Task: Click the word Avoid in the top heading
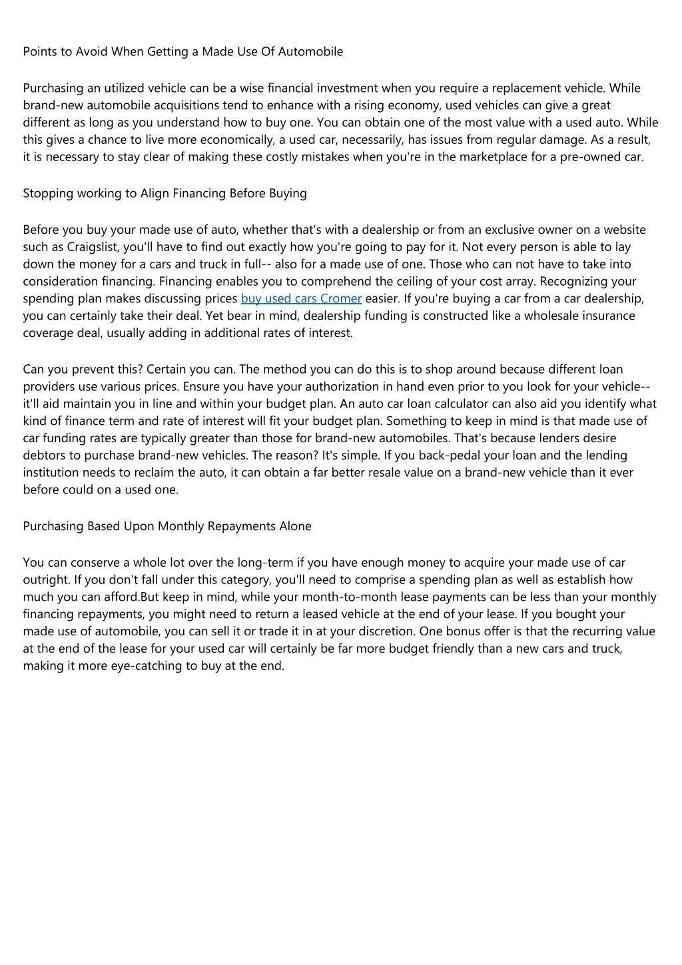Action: coord(91,52)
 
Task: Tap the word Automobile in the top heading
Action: coord(311,52)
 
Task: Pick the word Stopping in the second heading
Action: coord(48,194)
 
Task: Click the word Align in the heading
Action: coord(154,194)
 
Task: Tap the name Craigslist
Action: coord(93,247)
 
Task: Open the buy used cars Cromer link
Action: coord(301,299)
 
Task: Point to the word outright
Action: coord(45,580)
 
